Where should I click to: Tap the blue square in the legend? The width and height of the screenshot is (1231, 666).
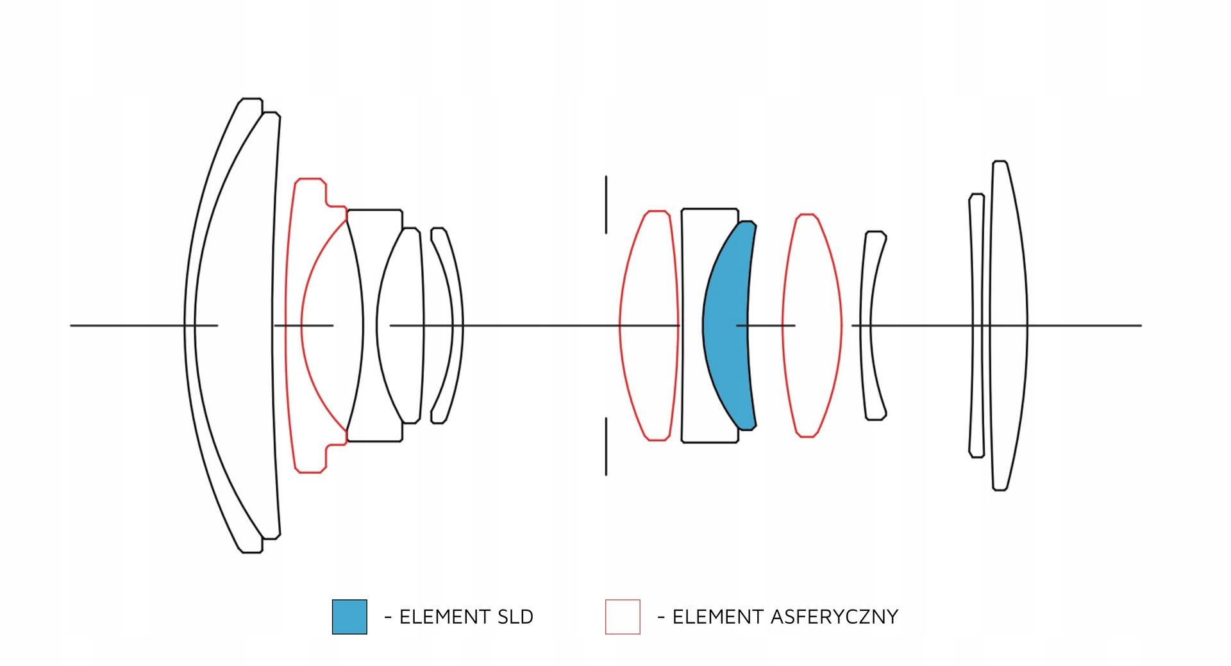coord(349,617)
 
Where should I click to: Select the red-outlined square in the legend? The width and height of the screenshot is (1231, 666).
coord(623,617)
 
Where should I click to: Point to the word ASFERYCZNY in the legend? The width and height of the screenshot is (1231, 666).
coord(834,617)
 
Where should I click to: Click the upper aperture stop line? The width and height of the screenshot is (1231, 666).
coord(606,204)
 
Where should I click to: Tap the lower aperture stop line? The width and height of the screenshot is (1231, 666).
coord(606,446)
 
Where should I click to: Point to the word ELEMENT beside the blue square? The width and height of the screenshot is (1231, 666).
coord(437,617)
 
